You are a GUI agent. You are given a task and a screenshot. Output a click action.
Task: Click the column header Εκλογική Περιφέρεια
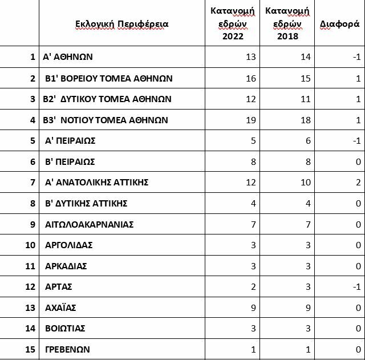click(122, 24)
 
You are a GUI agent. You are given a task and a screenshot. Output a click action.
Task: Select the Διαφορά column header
click(339, 24)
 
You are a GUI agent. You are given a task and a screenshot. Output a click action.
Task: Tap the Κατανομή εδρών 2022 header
click(232, 24)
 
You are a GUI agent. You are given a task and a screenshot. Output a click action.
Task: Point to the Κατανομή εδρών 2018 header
click(287, 24)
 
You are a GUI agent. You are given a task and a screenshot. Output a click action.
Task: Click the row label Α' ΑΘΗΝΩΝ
click(68, 57)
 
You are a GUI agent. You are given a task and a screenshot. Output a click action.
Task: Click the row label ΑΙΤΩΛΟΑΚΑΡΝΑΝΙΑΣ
click(89, 224)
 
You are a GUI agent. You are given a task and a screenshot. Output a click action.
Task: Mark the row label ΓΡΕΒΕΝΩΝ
click(67, 350)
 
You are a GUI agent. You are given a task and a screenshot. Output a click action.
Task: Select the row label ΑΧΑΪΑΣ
click(60, 308)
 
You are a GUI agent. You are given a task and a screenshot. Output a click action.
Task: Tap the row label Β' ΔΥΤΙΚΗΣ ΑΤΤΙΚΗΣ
click(86, 204)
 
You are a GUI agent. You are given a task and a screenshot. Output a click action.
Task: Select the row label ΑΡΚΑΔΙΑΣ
click(66, 266)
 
